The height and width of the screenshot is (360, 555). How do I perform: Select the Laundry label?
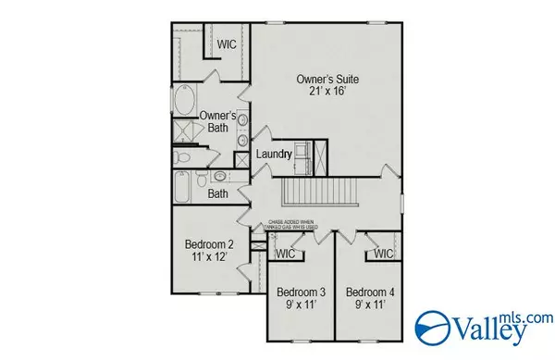pyautogui.click(x=275, y=153)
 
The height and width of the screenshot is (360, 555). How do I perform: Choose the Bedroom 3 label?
pyautogui.click(x=301, y=292)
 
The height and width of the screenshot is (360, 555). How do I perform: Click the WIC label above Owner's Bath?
pyautogui.click(x=228, y=43)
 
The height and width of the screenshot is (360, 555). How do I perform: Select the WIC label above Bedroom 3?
pyautogui.click(x=285, y=253)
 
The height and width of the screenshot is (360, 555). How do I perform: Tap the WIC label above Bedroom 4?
pyautogui.click(x=384, y=253)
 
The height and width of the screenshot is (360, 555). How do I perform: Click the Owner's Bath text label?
pyautogui.click(x=221, y=121)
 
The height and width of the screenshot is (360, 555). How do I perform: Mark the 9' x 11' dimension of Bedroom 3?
pyautogui.click(x=301, y=305)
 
